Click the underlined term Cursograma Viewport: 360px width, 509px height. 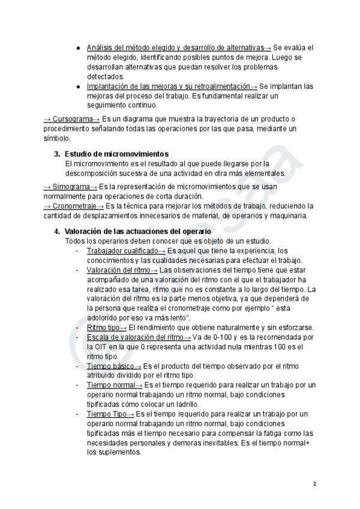coord(71,119)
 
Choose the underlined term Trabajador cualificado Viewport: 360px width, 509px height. coord(122,250)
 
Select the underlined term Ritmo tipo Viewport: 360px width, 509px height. coord(103,327)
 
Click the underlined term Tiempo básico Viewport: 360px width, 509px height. coord(110,366)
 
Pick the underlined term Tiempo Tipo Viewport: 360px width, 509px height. coord(108,414)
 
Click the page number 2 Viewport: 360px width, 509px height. coord(314,483)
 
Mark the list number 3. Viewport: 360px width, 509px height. coord(57,154)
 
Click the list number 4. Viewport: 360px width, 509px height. coord(57,231)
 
